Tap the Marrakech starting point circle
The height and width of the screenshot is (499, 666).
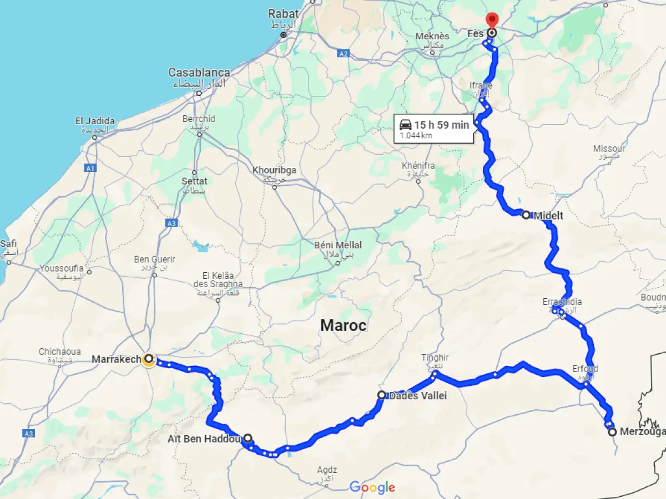149,359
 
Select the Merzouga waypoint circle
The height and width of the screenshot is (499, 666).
612,432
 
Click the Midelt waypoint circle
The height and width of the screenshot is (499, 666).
526,215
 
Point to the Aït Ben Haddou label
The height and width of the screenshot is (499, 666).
204,440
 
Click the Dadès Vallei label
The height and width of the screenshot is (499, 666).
417,396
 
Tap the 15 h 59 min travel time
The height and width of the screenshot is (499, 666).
441,125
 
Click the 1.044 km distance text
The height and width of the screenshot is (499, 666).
416,136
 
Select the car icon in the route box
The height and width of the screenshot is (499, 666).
405,124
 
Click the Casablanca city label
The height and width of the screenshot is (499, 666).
199,73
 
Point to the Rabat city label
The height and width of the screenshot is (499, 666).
283,13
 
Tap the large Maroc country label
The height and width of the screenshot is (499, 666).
343,325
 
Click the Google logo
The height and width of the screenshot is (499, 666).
372,487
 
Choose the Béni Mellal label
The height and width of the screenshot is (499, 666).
337,245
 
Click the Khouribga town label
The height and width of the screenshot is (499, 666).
274,170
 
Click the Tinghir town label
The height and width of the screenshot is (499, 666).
435,358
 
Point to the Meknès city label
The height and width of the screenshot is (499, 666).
432,37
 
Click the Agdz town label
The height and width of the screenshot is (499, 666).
327,470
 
